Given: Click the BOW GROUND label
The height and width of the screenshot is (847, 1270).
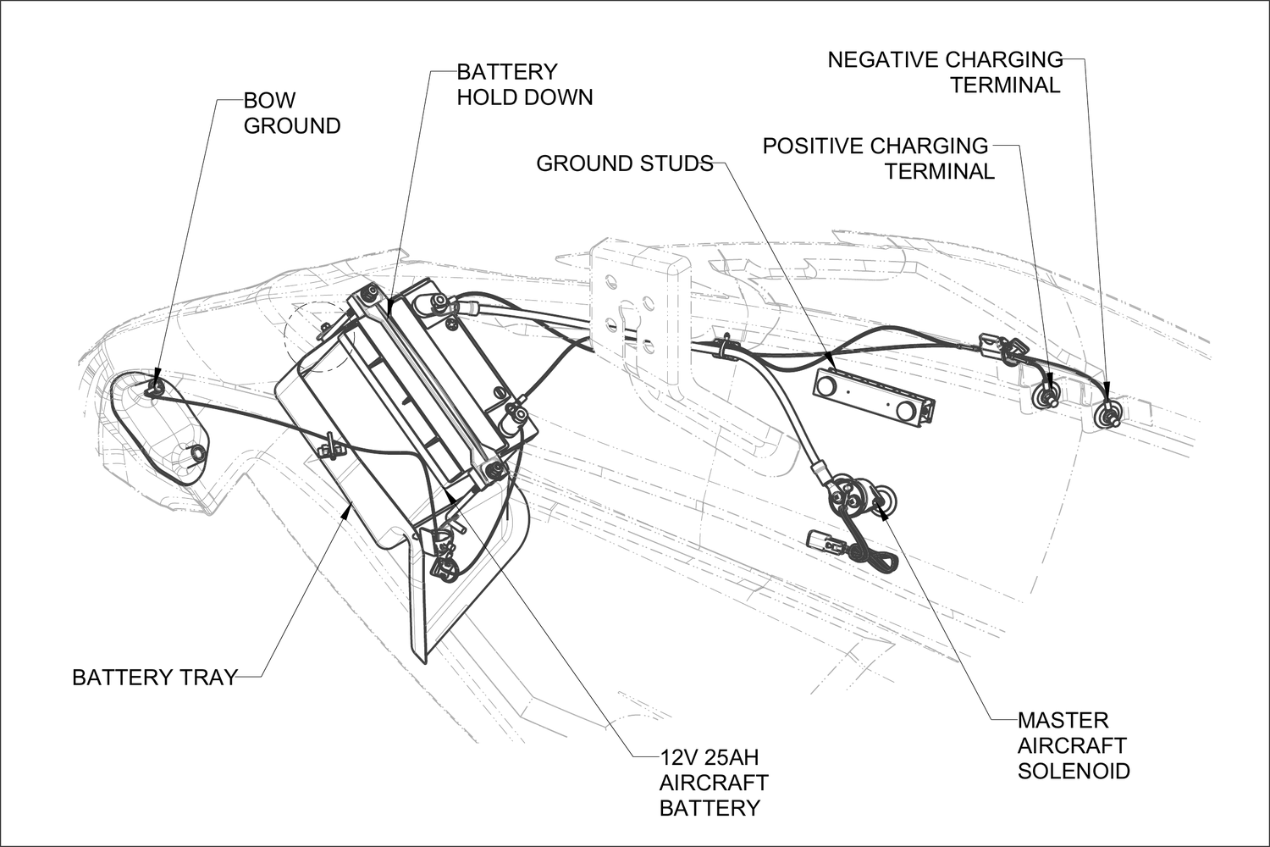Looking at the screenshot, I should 291,113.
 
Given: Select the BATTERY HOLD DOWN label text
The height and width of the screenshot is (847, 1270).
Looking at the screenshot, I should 524,84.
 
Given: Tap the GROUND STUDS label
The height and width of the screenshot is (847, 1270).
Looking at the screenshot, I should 624,163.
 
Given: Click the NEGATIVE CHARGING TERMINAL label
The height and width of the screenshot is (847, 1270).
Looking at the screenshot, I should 945,72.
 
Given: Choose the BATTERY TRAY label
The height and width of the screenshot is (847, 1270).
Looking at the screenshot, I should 154,678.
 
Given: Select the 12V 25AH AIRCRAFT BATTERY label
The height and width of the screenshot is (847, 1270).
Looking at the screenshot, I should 713,782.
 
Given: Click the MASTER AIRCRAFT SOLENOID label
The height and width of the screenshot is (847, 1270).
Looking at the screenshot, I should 1073,745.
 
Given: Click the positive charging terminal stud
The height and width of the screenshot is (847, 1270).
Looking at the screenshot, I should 1048,395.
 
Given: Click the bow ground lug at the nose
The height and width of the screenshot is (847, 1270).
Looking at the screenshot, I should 155,388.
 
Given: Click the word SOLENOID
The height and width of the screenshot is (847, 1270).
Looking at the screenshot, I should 1073,771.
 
